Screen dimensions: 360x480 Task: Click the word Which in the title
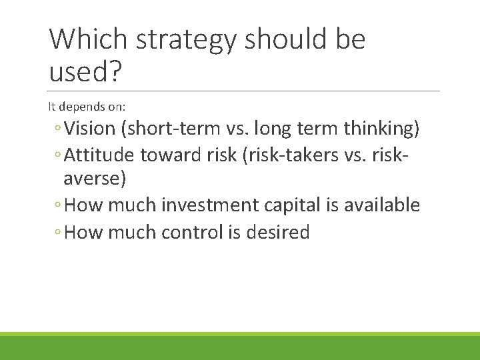(89, 39)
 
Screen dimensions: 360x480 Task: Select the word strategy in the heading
(185, 41)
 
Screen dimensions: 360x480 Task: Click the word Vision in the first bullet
(91, 128)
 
